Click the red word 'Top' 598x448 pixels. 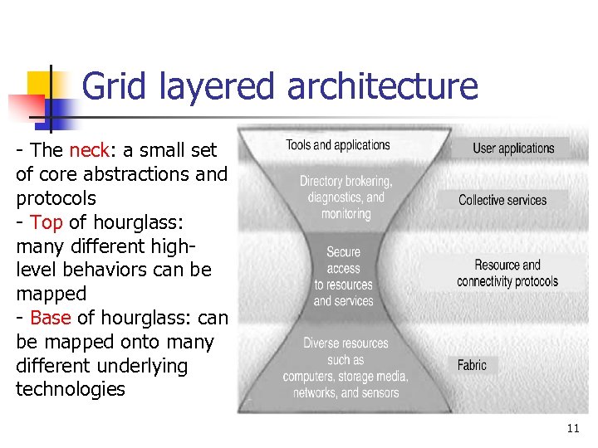[46, 222]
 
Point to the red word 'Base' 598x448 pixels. [50, 318]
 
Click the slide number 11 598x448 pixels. [572, 429]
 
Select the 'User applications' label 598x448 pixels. [513, 149]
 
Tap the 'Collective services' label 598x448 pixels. [502, 200]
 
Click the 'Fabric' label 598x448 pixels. [472, 365]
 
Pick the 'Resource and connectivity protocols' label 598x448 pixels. [507, 273]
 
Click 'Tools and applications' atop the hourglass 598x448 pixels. [338, 145]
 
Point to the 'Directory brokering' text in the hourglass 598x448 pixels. [346, 181]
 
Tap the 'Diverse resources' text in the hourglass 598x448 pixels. [346, 343]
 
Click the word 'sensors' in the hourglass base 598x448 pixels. [380, 392]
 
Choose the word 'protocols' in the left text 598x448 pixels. [56, 198]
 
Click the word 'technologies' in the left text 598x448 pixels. [71, 389]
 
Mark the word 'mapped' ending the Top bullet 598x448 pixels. [51, 294]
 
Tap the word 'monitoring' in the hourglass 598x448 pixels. [346, 213]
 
